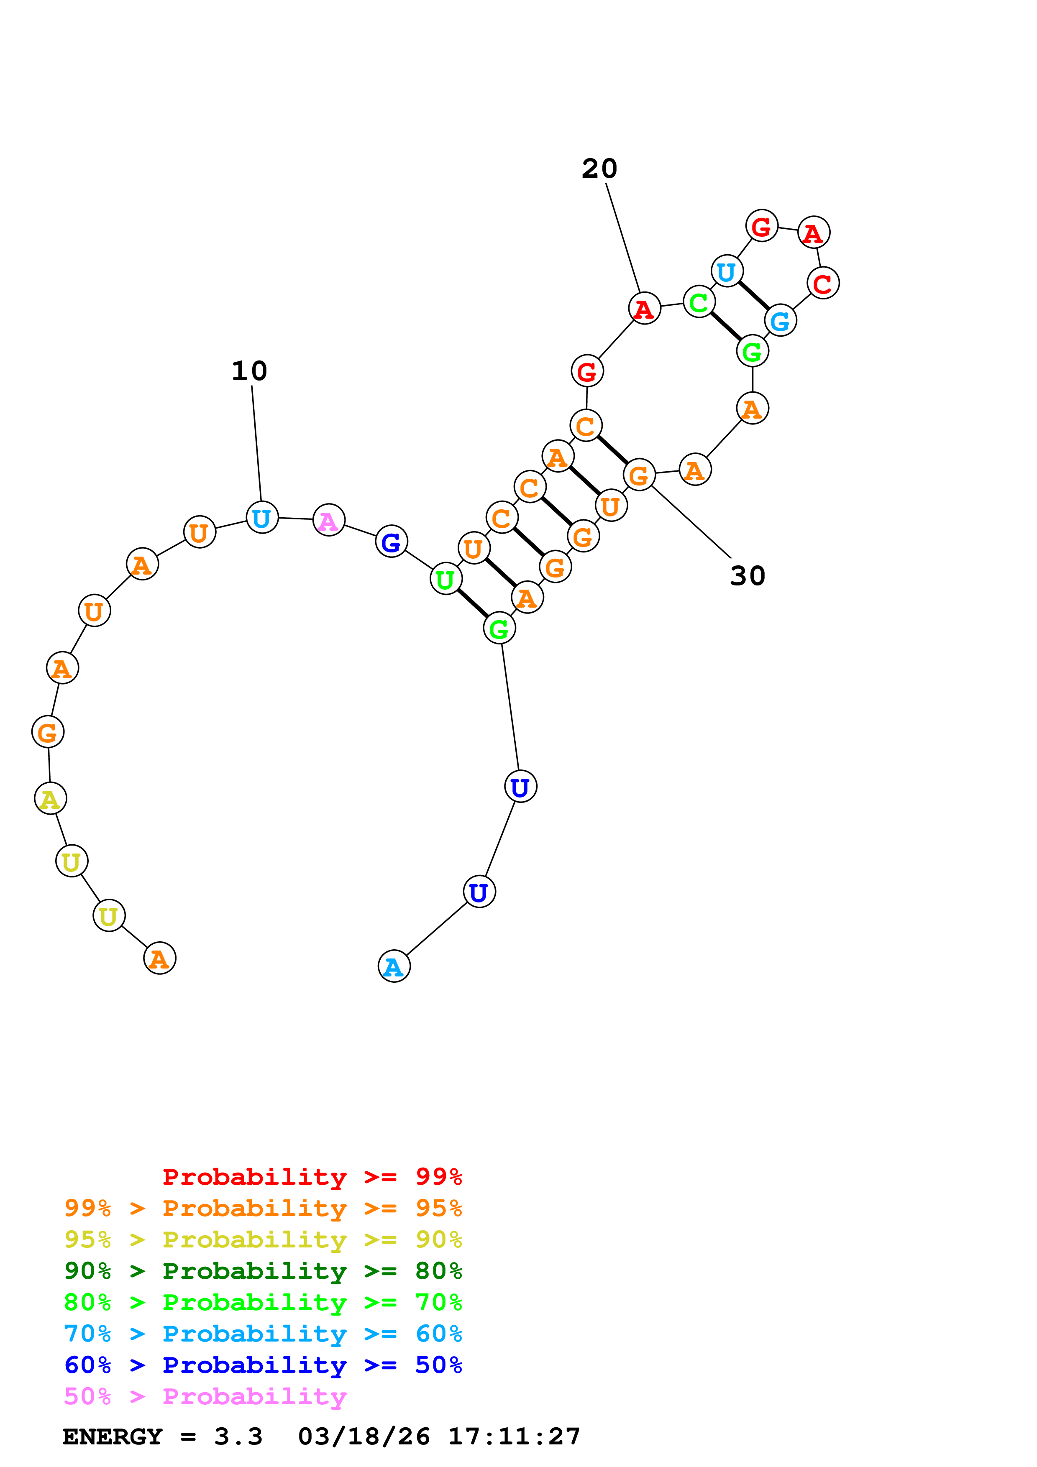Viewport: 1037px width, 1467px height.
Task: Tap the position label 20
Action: coord(599,169)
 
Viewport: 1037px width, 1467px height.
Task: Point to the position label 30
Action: coord(747,576)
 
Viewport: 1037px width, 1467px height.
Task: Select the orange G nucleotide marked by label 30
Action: coord(638,474)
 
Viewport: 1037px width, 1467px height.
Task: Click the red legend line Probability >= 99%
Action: coord(312,1177)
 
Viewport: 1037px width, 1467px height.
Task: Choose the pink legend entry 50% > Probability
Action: coord(205,1396)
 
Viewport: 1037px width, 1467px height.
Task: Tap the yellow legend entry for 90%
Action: coord(263,1240)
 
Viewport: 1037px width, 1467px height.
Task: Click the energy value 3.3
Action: coord(238,1437)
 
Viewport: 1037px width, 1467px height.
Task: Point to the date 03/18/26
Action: coord(364,1437)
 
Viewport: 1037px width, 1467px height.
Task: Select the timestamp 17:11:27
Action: coord(514,1437)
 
